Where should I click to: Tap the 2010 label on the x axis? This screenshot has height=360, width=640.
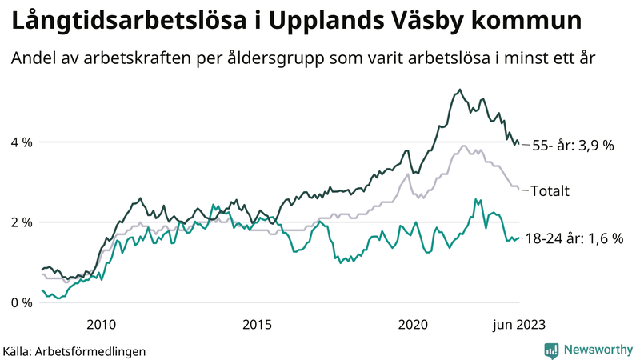(x=100, y=324)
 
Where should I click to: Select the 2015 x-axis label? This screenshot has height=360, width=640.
(x=257, y=324)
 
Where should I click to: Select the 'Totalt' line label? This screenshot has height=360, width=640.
(x=550, y=191)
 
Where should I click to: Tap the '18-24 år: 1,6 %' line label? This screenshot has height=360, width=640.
(x=573, y=238)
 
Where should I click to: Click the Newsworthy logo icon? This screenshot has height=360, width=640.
(x=551, y=350)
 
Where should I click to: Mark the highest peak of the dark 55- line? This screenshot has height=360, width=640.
(x=459, y=90)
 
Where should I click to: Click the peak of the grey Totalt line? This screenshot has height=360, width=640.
(x=463, y=146)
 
